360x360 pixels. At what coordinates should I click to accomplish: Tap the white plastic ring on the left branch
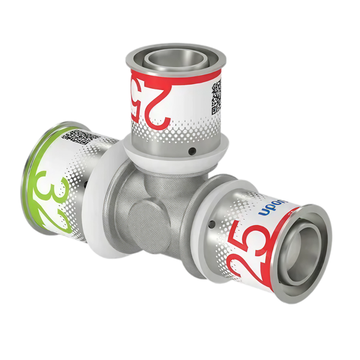[96, 198]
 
